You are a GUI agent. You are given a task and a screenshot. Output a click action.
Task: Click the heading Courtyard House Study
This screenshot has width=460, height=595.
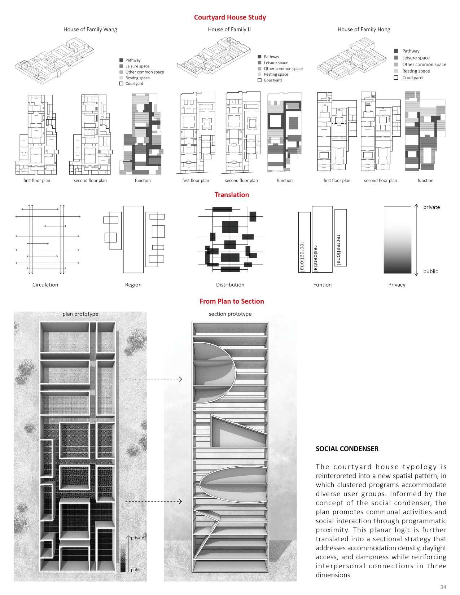coord(230,17)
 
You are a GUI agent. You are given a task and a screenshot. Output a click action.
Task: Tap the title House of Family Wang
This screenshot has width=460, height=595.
coord(90,29)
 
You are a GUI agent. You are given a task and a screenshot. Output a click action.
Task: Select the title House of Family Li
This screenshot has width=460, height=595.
coord(229,29)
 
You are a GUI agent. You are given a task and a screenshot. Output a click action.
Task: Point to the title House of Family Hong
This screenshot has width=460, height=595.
coord(364,29)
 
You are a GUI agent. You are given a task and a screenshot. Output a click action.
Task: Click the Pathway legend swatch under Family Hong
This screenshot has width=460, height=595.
coord(396,51)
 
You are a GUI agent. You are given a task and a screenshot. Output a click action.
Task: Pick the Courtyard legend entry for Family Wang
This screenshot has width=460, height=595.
coord(134,84)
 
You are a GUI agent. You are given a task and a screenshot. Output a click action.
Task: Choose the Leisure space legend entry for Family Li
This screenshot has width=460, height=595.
coord(276,63)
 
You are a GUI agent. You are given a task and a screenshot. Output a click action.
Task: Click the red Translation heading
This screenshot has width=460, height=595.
coord(232,195)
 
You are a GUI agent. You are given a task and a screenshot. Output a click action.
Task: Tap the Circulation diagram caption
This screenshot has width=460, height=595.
coord(45,285)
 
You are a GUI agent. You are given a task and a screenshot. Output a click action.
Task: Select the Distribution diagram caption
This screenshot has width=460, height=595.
coord(230,285)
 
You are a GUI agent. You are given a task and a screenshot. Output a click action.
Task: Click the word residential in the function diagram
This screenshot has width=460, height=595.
coord(316,258)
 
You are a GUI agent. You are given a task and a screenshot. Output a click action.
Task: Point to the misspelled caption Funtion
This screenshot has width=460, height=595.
coord(322,285)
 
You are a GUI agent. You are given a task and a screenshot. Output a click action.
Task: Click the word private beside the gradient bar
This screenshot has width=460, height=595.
coord(431,207)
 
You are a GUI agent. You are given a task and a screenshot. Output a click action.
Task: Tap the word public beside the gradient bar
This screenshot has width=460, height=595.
coord(430,271)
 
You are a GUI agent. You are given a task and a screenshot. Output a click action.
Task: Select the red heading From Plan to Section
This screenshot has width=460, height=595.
coord(232,301)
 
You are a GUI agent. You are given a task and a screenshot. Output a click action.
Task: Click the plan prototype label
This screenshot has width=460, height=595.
coord(80,314)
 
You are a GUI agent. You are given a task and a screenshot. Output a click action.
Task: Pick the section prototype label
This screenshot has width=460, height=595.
coord(230,314)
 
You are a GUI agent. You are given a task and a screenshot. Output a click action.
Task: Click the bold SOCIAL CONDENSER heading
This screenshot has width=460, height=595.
coord(347,449)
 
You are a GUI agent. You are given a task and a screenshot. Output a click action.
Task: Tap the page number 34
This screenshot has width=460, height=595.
coord(443,586)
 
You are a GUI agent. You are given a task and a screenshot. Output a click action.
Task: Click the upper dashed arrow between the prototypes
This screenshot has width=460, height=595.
coord(153,379)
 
